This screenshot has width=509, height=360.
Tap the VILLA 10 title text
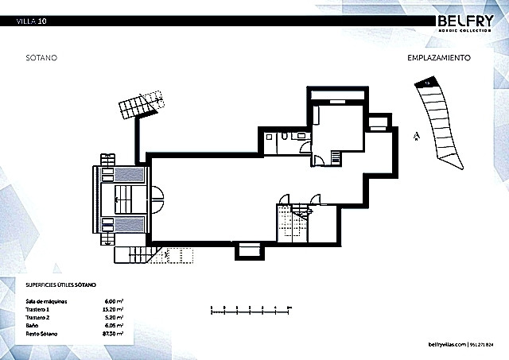click(x=31, y=21)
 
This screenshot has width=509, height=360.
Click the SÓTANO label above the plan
click(x=39, y=58)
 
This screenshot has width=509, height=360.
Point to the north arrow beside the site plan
click(x=415, y=136)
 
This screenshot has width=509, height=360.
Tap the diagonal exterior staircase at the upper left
click(x=141, y=103)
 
